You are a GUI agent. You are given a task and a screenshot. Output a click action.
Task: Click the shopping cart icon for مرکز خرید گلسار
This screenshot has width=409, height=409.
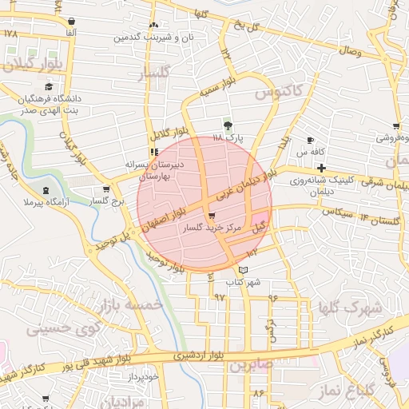coord(211,216)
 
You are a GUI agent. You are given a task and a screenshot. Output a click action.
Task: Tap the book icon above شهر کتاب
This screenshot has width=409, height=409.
coord(244,270)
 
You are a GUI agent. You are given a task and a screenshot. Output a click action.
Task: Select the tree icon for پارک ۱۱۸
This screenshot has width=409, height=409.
coord(228,125)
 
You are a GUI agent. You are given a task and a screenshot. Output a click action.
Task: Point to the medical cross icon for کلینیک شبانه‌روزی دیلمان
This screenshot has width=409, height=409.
coord(321,168)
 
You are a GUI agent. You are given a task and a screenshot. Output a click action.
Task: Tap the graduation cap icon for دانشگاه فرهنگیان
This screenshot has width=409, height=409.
coord(50,86)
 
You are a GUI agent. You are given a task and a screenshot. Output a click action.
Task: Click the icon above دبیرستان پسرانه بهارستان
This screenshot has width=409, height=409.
coord(154,151)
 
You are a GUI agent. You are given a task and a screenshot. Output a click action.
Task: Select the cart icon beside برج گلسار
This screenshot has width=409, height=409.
coord(106,190)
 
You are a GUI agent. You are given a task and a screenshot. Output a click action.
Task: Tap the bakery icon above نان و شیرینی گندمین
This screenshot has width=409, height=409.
coord(153,26)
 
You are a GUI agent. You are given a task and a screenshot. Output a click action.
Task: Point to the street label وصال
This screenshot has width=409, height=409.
coord(352,51)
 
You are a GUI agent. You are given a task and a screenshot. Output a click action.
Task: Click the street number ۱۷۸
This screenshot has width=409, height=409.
coord(10,34)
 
